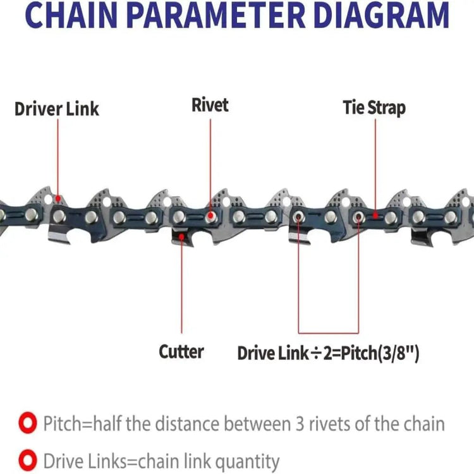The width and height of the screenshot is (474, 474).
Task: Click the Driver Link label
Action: tap(57, 109)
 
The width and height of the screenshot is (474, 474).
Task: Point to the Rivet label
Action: tap(210, 105)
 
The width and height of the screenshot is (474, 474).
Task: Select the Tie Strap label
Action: tap(374, 107)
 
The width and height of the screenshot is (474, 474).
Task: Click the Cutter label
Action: tap(181, 351)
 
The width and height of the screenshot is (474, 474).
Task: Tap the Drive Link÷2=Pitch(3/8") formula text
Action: tap(328, 353)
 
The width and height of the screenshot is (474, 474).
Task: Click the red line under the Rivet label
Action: tap(210, 164)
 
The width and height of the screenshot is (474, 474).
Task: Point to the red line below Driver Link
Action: tap(58, 158)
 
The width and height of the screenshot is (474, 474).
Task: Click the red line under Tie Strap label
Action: tap(375, 164)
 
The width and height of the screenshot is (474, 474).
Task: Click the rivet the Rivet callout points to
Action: tap(210, 217)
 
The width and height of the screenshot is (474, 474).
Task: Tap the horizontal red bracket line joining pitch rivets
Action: tap(328, 332)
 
